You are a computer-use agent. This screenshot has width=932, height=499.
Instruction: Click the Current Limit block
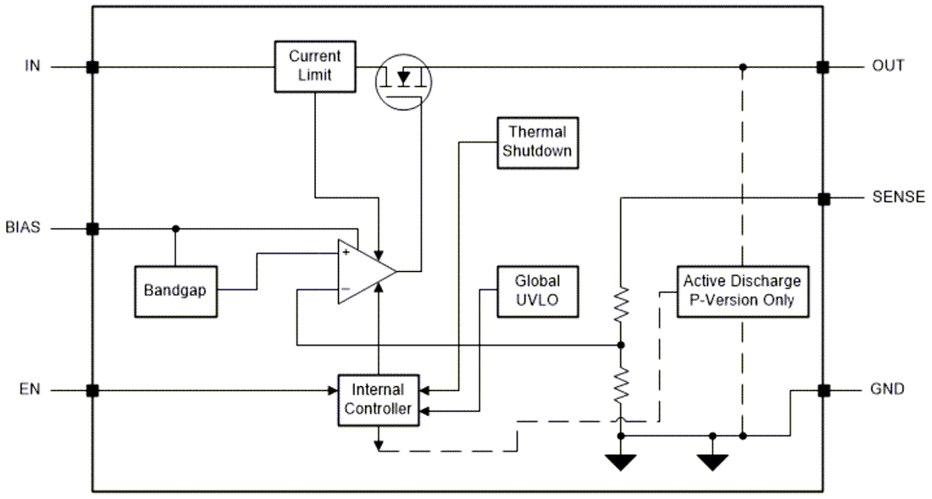[314, 66]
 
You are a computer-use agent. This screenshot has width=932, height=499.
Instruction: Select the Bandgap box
[175, 291]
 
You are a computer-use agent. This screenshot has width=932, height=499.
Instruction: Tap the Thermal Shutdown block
[536, 141]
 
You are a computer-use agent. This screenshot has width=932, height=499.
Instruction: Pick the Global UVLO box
[537, 290]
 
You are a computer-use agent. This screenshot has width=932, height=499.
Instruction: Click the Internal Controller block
[379, 400]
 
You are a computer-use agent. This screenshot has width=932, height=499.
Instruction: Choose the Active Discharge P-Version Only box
[741, 290]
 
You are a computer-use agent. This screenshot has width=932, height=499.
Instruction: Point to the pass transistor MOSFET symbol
[403, 79]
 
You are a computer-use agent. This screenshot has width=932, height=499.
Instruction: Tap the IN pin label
[32, 66]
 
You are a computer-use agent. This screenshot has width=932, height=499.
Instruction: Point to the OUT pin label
[888, 66]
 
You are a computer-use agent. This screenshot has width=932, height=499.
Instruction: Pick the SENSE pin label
[898, 198]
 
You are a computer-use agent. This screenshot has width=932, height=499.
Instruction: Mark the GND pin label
[888, 390]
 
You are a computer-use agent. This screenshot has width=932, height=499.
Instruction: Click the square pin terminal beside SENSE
[822, 198]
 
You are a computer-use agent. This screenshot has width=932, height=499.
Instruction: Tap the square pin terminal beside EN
[92, 391]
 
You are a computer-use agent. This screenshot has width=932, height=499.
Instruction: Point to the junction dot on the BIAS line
[175, 228]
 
